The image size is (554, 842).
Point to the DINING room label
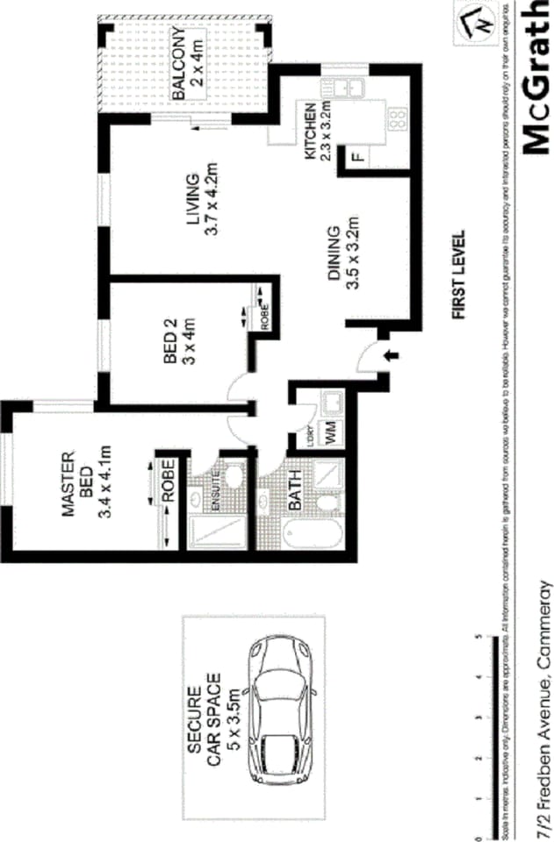point(334,254)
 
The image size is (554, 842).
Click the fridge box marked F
point(356,158)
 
